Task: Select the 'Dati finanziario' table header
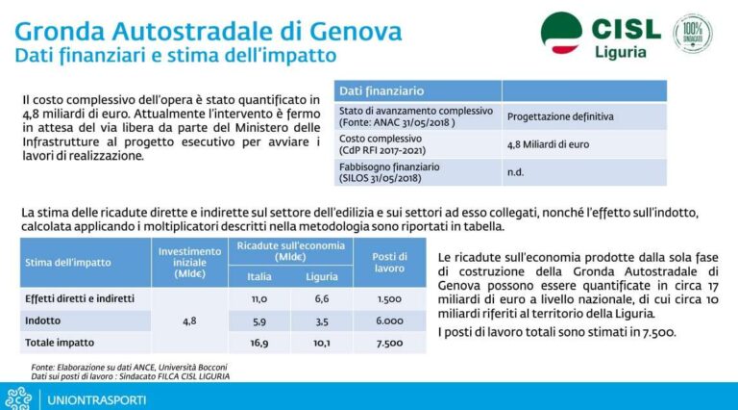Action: pyautogui.click(x=381, y=90)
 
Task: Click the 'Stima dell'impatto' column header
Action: pyautogui.click(x=68, y=262)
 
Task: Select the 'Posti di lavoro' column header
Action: pyautogui.click(x=389, y=262)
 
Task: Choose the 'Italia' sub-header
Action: pyautogui.click(x=258, y=276)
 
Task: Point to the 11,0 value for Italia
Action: pyautogui.click(x=258, y=300)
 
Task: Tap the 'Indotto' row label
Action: pyautogui.click(x=44, y=321)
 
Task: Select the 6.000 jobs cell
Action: pyautogui.click(x=389, y=321)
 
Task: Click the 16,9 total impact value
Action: pyautogui.click(x=258, y=343)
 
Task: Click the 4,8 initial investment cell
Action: pyautogui.click(x=190, y=321)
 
